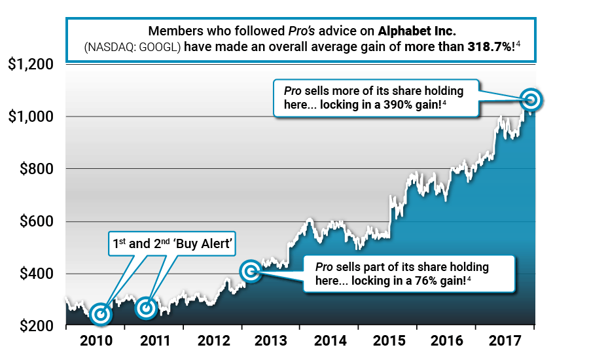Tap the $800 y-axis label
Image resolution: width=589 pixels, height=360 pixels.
(x=34, y=169)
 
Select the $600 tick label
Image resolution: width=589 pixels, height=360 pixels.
(x=34, y=221)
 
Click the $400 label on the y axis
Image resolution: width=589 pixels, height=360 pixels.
(x=34, y=274)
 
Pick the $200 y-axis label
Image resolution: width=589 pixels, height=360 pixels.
(x=34, y=325)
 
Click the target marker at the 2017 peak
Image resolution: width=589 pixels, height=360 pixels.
(x=531, y=100)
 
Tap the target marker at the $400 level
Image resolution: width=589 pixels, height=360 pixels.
(x=251, y=271)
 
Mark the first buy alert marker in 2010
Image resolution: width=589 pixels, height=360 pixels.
(x=101, y=314)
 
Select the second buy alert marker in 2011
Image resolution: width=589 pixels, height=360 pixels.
(x=147, y=307)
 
